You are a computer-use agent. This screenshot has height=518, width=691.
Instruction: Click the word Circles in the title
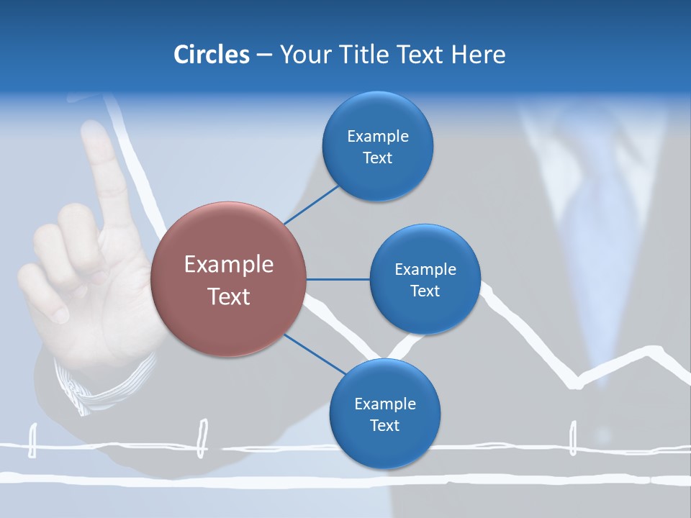tap(211, 54)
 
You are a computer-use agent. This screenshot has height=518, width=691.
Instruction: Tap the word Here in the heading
tap(478, 54)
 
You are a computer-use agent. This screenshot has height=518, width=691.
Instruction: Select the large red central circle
tap(228, 280)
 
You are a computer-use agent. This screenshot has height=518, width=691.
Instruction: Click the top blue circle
tap(377, 146)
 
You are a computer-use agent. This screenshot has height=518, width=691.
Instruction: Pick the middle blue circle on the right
tap(425, 279)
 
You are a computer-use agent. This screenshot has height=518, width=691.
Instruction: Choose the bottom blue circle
tap(384, 414)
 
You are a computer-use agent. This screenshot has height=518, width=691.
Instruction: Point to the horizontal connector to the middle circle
tap(338, 279)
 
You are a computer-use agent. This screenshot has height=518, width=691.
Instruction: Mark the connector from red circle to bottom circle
tap(314, 355)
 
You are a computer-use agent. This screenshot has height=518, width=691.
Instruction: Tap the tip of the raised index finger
tap(94, 132)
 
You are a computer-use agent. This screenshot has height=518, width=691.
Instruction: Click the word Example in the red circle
tap(228, 265)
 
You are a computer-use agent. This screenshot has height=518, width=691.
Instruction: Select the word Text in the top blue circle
tap(377, 158)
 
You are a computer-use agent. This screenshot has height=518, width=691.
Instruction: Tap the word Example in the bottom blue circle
tap(384, 404)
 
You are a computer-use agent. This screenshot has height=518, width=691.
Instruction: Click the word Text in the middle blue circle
tap(425, 291)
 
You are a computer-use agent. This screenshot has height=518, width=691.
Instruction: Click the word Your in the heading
tap(303, 54)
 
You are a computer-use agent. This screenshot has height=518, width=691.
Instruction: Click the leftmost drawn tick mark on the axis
tap(32, 440)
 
